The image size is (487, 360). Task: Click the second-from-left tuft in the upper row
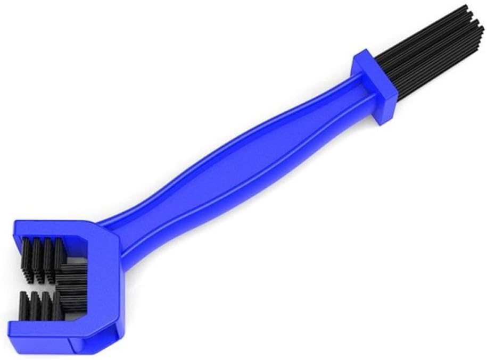pyautogui.click(x=38, y=255)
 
